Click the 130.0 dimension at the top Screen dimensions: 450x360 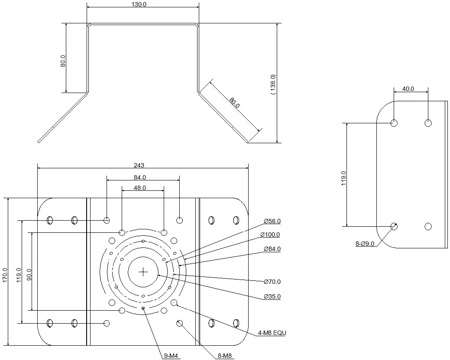(x=139, y=4)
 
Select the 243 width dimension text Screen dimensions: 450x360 (x=139, y=165)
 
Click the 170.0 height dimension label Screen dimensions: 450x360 (x=5, y=275)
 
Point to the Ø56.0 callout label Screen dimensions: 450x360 (x=272, y=221)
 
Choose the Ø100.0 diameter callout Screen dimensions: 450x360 (x=270, y=235)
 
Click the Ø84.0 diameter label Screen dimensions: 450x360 (x=272, y=249)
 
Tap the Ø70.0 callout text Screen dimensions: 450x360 (x=272, y=282)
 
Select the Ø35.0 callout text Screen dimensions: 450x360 (x=272, y=296)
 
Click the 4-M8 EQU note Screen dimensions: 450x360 (x=272, y=333)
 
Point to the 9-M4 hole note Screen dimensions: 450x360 (x=171, y=356)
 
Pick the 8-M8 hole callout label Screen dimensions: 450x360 (x=225, y=356)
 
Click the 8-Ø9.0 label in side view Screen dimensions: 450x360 (x=365, y=244)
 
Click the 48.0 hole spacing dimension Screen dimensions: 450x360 (x=140, y=188)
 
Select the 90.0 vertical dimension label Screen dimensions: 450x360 (x=29, y=275)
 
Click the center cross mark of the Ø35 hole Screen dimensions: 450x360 (x=143, y=272)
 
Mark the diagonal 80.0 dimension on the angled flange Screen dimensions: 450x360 (x=234, y=103)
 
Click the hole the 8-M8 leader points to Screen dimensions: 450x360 (x=180, y=323)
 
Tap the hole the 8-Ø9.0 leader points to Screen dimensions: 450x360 (x=394, y=226)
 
